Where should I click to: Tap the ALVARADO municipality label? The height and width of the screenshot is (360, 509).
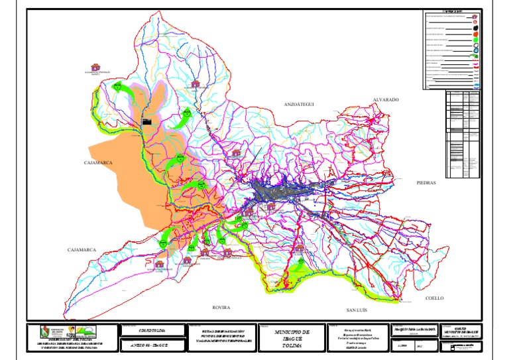(385, 99)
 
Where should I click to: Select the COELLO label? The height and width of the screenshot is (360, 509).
(438, 298)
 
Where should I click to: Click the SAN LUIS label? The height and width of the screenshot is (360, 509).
(360, 310)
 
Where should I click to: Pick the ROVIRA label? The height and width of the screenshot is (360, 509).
(221, 308)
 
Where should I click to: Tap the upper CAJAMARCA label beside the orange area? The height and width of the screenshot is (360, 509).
(99, 162)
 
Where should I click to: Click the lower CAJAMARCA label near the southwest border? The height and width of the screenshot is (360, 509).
(82, 250)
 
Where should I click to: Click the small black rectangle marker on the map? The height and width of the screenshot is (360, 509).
(147, 121)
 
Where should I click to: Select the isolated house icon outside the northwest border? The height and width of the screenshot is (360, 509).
(95, 68)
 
